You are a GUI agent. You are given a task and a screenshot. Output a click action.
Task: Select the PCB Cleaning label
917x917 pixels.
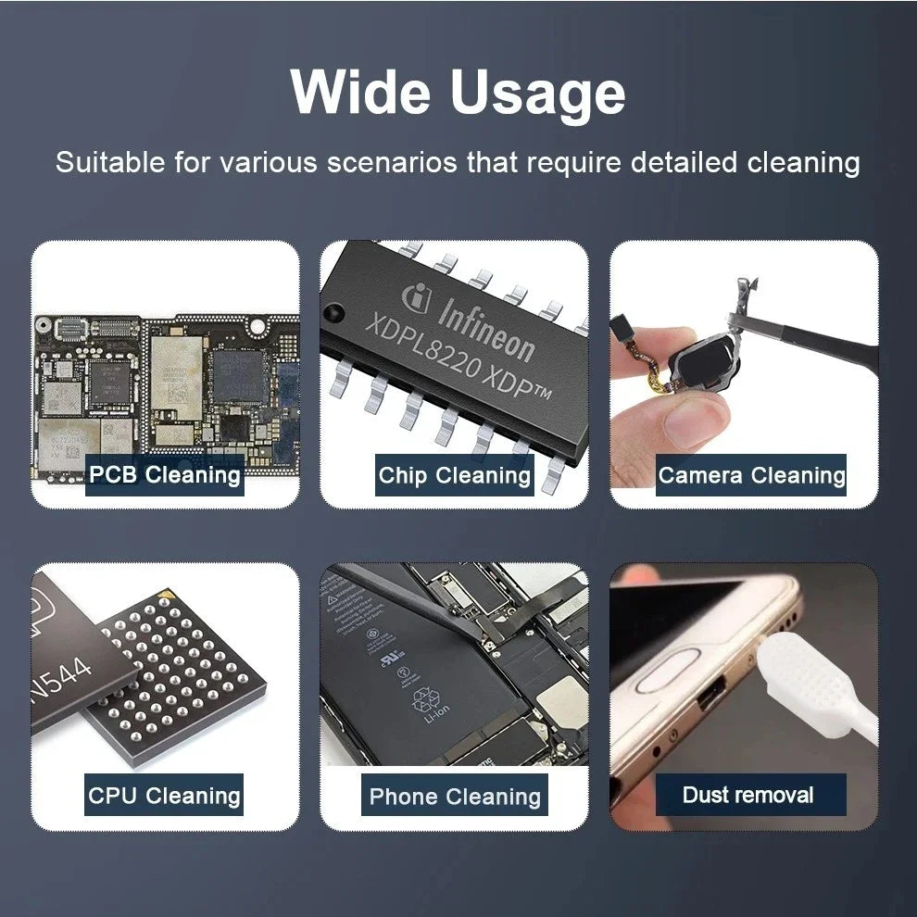tap(165, 475)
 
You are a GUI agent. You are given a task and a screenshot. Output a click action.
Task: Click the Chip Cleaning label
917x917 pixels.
tap(454, 476)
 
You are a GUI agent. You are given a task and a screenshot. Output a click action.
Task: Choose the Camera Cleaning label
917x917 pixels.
tap(751, 476)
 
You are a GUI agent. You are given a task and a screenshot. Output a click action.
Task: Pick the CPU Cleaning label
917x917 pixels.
tap(164, 795)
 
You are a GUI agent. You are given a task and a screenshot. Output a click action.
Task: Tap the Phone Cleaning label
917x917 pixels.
tap(454, 797)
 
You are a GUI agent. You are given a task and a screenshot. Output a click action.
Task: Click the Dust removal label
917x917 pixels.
tap(748, 795)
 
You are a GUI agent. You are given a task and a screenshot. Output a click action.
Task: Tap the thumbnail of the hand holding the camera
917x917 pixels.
tap(744, 373)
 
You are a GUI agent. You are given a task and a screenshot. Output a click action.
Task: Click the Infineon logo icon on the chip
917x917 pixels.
tap(414, 299)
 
